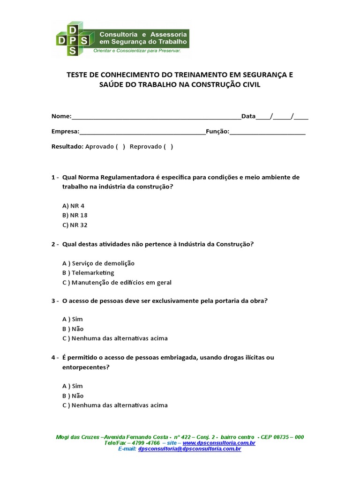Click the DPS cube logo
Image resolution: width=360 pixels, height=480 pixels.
[72, 38]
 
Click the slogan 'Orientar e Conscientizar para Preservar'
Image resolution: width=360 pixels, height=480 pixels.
[137, 50]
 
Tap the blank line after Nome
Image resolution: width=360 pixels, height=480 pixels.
[156, 117]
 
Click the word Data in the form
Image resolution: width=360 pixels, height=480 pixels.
[248, 116]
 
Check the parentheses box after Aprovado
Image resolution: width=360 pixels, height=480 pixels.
[120, 146]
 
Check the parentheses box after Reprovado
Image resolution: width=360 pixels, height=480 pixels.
[168, 146]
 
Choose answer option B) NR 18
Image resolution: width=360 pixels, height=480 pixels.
[75, 215]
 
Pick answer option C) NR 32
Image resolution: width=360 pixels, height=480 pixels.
[75, 225]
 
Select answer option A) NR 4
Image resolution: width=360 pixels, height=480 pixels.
[73, 206]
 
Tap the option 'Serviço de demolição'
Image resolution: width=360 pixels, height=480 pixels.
[98, 263]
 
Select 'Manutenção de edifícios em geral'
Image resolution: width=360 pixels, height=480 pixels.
[117, 283]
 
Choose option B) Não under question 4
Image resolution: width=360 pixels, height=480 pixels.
[73, 396]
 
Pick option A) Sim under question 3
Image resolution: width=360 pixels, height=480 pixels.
[73, 319]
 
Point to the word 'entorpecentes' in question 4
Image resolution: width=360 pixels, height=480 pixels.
[86, 367]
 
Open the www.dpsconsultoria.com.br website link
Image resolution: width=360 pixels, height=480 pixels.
[219, 443]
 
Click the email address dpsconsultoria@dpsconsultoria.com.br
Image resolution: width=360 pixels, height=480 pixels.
[190, 449]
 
